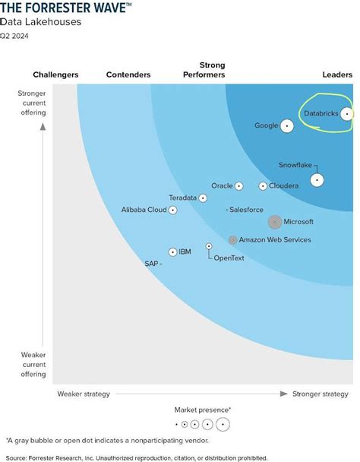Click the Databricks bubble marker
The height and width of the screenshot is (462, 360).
click(x=346, y=114)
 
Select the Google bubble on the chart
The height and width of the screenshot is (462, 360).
click(x=286, y=126)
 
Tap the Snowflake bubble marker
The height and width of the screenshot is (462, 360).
click(x=316, y=180)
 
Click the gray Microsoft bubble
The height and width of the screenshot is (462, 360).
click(x=275, y=222)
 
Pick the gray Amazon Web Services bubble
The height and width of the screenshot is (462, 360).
click(x=232, y=240)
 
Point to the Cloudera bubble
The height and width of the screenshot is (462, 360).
click(x=263, y=185)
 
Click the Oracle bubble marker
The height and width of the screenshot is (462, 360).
click(x=238, y=185)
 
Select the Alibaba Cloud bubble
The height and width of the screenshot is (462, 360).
click(x=173, y=210)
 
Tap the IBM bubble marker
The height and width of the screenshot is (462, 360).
click(x=173, y=252)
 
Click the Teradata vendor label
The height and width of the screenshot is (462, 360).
click(x=182, y=198)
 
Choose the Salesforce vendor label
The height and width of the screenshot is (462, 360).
click(x=246, y=210)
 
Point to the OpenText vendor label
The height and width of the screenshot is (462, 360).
click(x=229, y=258)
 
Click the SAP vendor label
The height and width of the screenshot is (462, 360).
click(x=151, y=264)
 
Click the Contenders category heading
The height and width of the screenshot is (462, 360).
click(x=128, y=74)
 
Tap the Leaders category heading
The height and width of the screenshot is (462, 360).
click(x=337, y=74)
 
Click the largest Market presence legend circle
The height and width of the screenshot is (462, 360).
click(x=223, y=424)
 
